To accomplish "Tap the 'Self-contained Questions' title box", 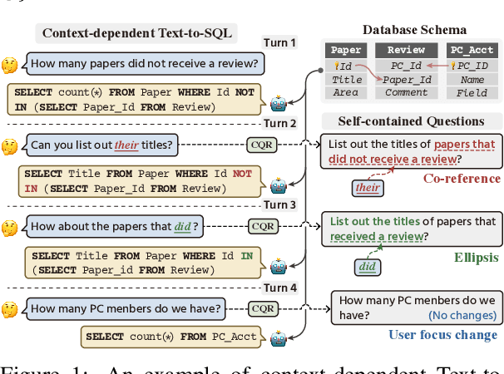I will tap(410, 121).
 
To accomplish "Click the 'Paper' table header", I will tap(346, 51).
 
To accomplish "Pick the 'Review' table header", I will tap(408, 51).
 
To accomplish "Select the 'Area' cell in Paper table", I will tap(346, 93).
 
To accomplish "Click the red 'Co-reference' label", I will tap(462, 178).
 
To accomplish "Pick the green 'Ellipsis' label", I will tap(476, 258).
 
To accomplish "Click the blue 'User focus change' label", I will tap(443, 335).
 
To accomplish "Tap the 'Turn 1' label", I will tap(279, 42).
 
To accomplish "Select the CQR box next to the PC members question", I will tap(264, 309).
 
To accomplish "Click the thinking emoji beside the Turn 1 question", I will tap(10, 64).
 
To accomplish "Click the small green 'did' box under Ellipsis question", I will tap(366, 267).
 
